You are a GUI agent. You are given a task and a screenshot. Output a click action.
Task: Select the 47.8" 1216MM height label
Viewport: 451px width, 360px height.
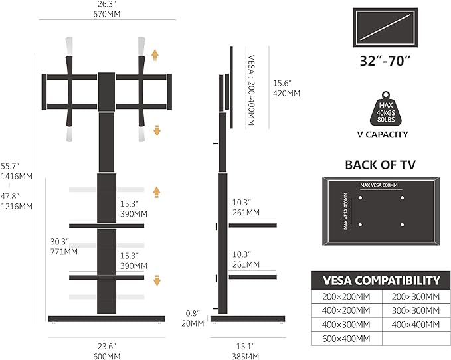(16, 201)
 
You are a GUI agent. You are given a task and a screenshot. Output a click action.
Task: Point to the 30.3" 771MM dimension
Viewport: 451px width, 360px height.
(64, 246)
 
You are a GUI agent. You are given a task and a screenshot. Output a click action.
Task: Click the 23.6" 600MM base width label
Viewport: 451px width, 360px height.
(106, 350)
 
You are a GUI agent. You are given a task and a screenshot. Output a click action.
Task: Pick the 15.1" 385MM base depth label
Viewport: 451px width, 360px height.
(244, 350)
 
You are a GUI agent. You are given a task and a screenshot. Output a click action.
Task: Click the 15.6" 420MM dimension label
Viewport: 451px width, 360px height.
(287, 88)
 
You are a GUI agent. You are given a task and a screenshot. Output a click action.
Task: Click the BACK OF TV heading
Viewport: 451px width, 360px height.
(380, 165)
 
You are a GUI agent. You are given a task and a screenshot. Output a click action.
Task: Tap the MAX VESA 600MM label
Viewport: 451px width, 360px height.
(379, 185)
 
